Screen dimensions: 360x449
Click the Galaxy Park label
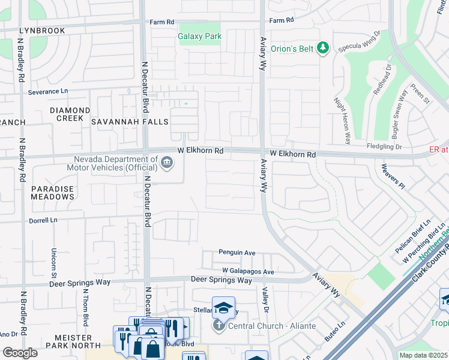[200, 36]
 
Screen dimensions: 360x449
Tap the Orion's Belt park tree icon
[323, 47]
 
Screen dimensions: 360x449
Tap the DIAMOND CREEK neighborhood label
[70, 115]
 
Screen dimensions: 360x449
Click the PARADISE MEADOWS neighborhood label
[52, 193]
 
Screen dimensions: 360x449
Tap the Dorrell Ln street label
[43, 220]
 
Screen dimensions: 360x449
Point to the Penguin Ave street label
[237, 253]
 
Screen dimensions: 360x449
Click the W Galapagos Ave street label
[247, 272]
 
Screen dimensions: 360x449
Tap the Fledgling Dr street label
[384, 146]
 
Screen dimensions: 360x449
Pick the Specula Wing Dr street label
[360, 41]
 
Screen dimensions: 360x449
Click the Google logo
[20, 353]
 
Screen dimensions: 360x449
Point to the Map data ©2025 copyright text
[423, 355]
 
